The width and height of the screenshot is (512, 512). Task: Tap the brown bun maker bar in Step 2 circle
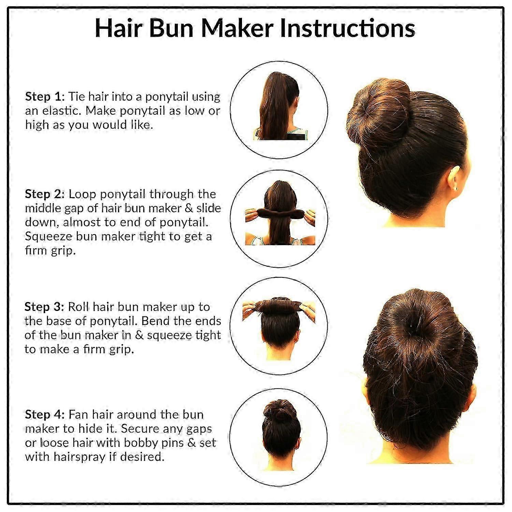click(279, 214)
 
